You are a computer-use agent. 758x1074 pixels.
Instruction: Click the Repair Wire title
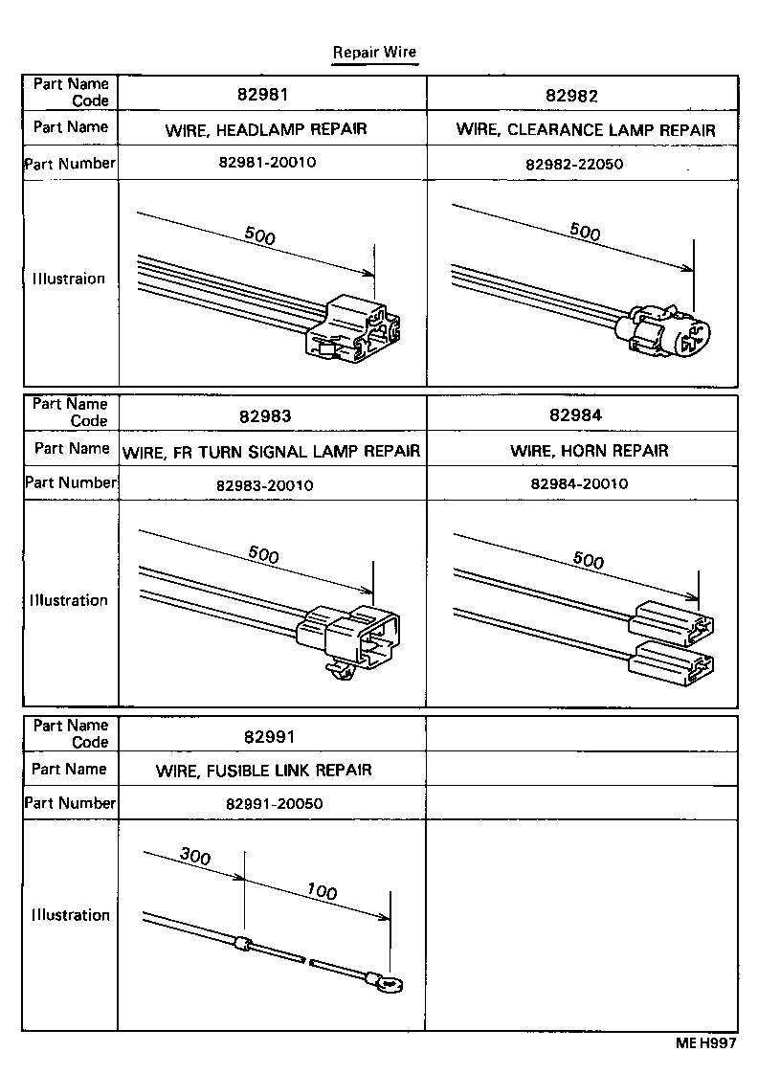coord(374,52)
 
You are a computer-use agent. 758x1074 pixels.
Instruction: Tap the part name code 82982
coord(572,95)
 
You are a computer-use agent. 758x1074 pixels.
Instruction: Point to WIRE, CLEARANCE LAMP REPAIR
coord(585,129)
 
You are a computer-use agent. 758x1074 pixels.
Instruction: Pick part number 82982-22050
coord(574,164)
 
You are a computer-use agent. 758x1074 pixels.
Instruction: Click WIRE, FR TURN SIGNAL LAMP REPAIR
coord(272,451)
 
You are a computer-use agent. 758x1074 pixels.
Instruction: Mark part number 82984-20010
coord(579,483)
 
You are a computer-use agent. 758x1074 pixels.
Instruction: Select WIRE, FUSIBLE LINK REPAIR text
coord(264,770)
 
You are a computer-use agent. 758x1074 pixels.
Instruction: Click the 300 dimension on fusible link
coord(195,857)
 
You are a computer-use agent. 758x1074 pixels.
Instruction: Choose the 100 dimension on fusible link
coord(323,892)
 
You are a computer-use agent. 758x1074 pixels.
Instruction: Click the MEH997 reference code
coord(707,1044)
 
